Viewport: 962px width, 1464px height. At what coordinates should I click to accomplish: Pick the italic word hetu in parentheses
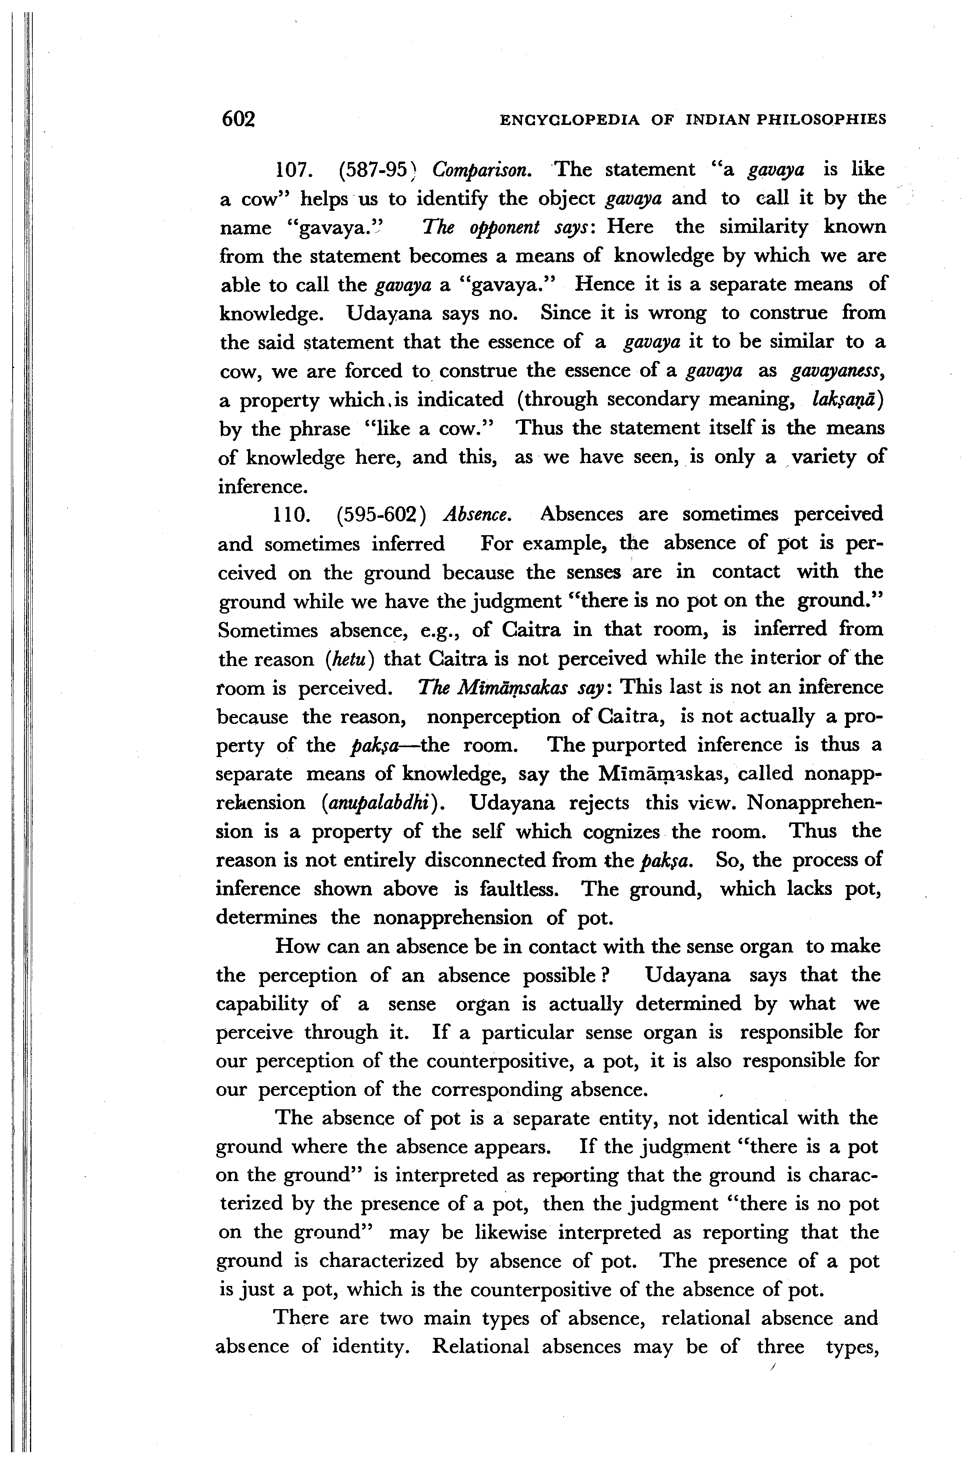[348, 659]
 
